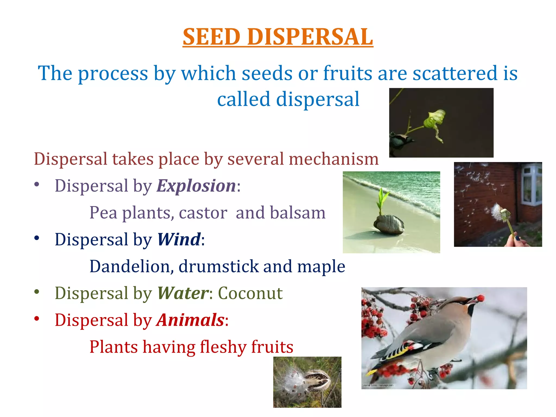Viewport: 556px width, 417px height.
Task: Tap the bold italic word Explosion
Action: click(196, 186)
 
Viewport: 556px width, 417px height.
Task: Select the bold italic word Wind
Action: click(179, 240)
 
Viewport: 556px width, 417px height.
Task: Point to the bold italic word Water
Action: click(183, 293)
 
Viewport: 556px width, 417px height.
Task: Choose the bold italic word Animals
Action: click(190, 320)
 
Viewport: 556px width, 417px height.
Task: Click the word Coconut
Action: click(250, 293)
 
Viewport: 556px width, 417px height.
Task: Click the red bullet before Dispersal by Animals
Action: click(37, 318)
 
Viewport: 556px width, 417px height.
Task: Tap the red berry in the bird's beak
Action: click(481, 298)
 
